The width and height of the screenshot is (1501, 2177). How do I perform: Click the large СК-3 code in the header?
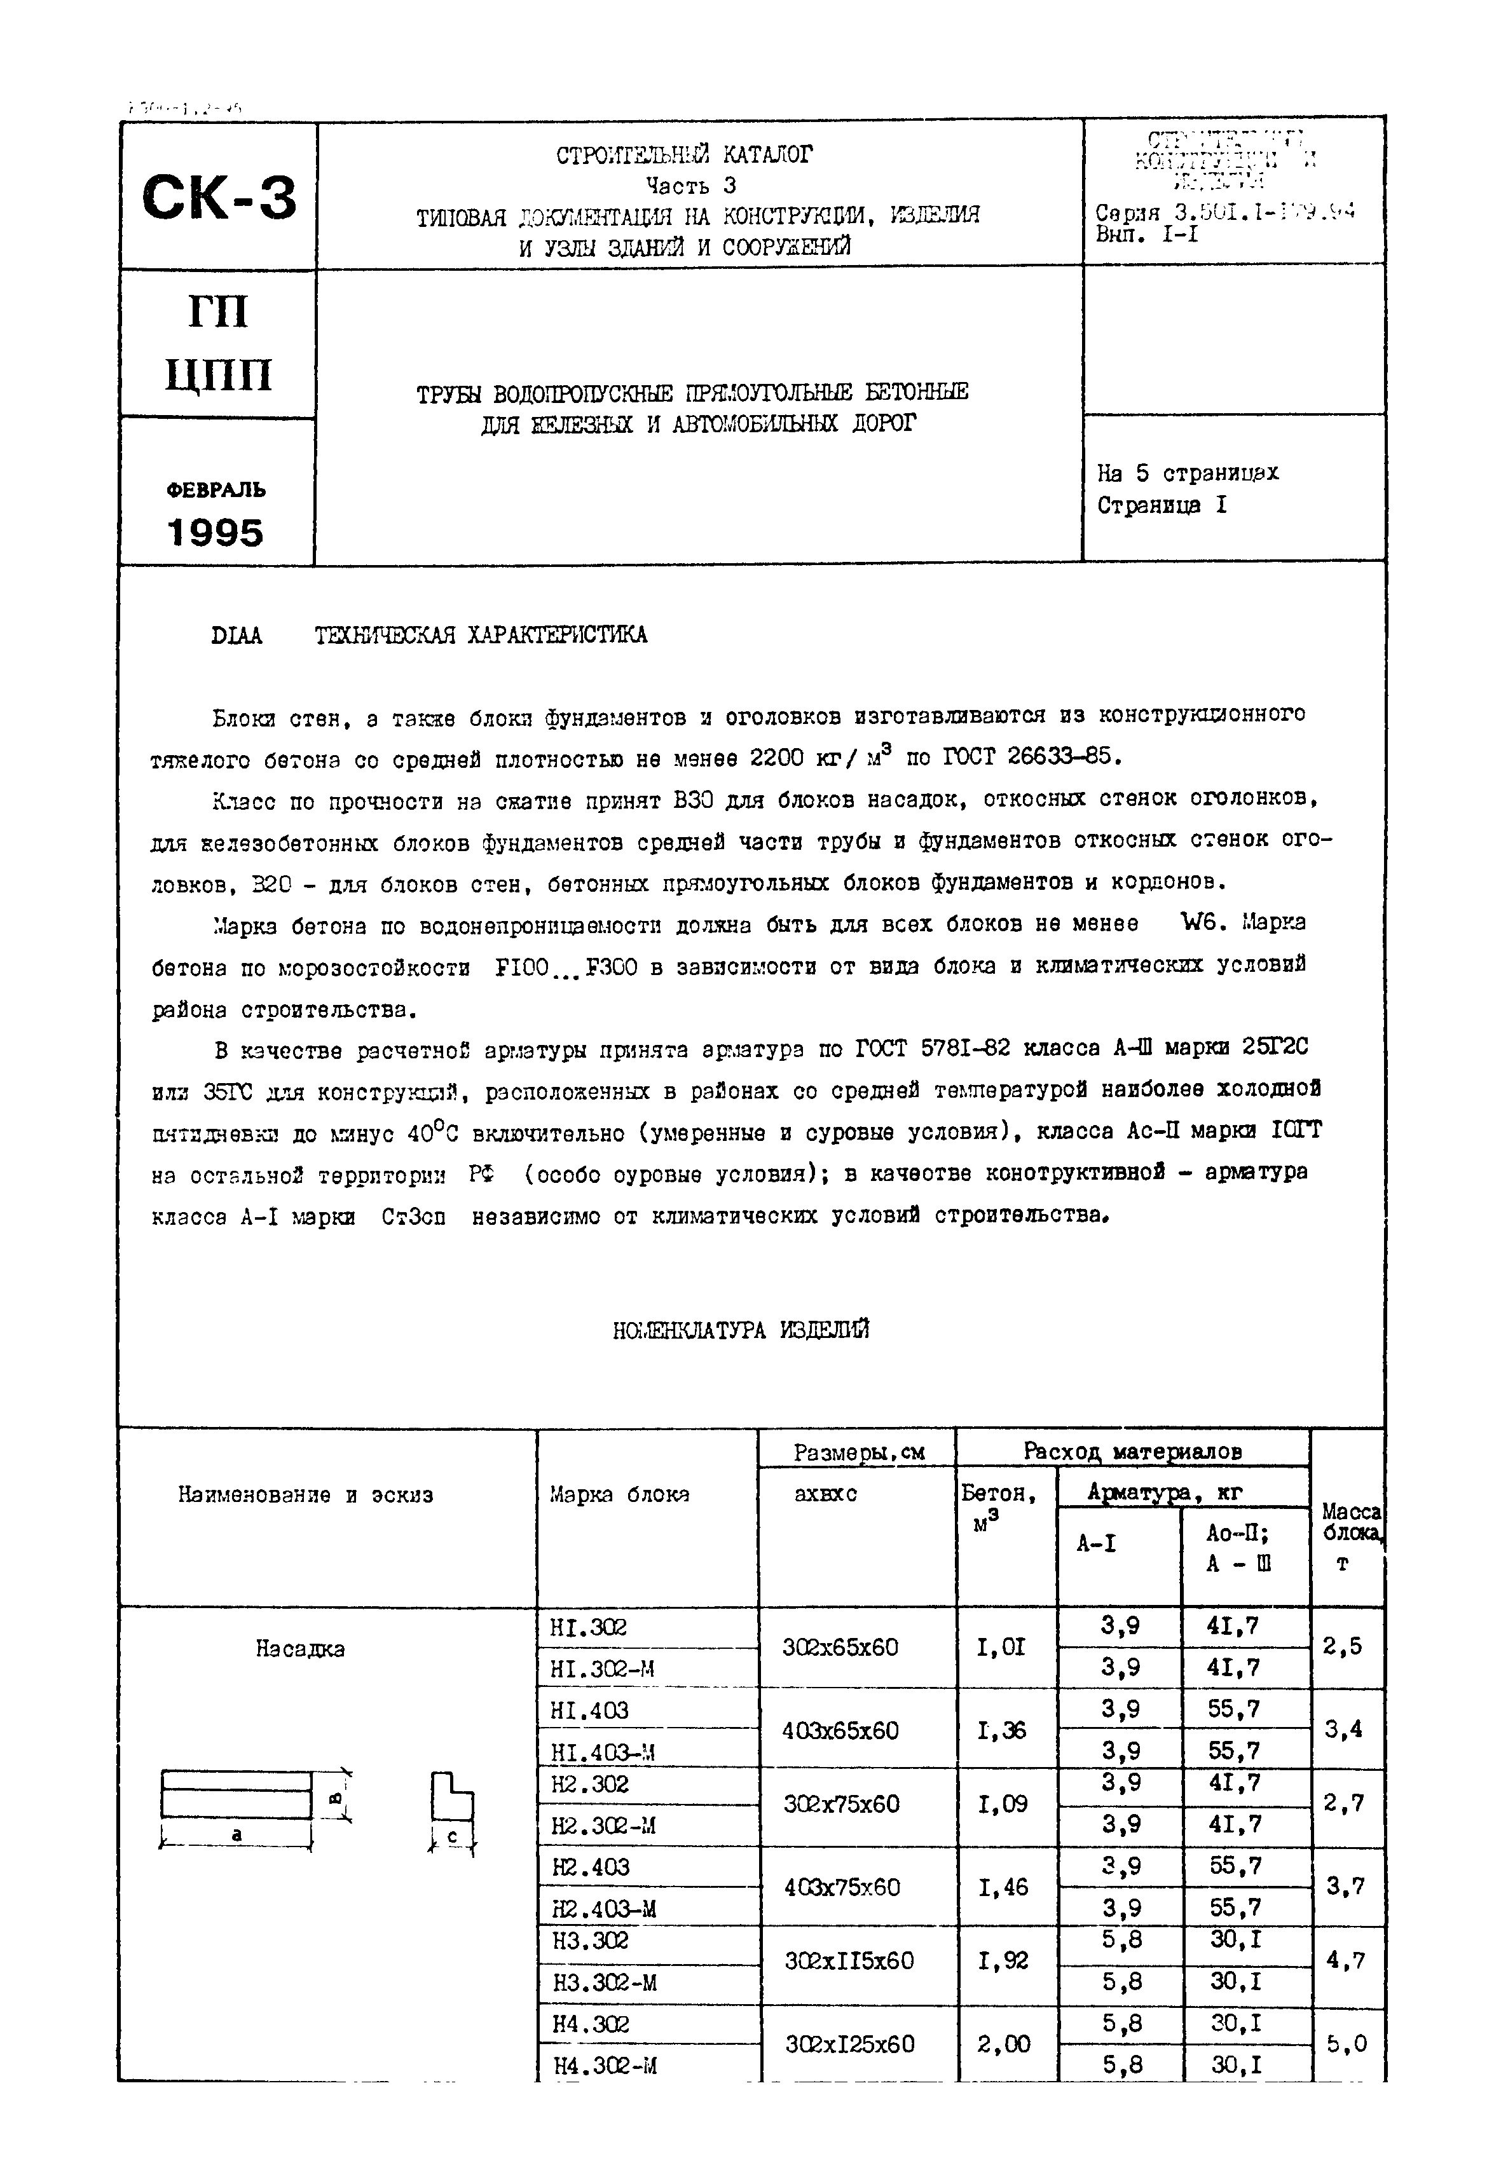(219, 198)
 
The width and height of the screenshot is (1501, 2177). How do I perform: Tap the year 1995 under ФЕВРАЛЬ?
(216, 533)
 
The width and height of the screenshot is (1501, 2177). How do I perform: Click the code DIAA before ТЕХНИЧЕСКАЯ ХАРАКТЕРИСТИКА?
(237, 636)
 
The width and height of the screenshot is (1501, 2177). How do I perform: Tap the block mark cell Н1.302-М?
(602, 1669)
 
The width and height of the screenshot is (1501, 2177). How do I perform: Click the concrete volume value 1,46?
(1003, 1887)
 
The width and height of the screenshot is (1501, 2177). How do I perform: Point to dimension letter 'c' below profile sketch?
(453, 1836)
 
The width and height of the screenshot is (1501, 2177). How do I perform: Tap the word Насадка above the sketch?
(300, 1649)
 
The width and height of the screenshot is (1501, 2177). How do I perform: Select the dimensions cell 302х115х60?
(847, 1961)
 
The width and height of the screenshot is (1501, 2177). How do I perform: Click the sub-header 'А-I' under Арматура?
(1097, 1543)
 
